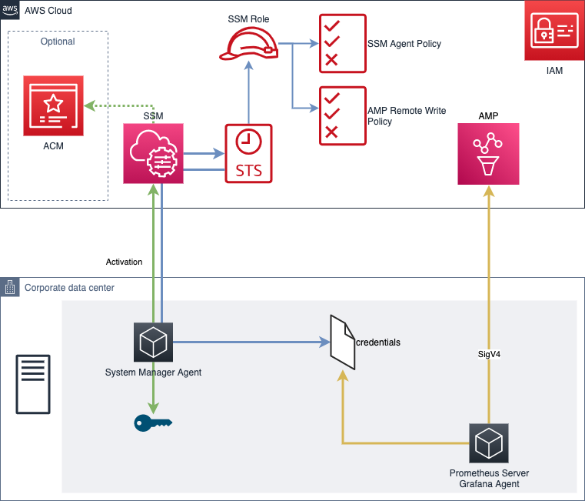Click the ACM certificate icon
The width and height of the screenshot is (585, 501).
coord(53,105)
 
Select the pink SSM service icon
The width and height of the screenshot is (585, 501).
coord(153,154)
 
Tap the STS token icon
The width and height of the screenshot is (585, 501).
coord(248,154)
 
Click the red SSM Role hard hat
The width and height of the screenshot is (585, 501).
coord(248,44)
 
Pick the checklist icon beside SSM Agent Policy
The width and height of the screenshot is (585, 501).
coord(343,43)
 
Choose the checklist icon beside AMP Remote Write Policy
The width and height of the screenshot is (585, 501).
coord(343,115)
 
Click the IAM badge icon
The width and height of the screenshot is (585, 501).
coord(554,30)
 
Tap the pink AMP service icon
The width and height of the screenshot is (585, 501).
coord(488,154)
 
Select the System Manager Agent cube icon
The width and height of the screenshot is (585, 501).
coord(153,342)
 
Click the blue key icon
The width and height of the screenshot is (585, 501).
coord(153,423)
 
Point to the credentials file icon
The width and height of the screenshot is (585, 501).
coord(343,342)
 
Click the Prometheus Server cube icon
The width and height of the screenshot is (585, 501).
coord(489,443)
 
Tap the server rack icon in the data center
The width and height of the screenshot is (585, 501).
coord(33,385)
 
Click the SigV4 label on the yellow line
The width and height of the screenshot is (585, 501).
coord(489,354)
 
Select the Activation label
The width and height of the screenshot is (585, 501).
coord(125,262)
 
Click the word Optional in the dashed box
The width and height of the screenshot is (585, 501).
coord(58,42)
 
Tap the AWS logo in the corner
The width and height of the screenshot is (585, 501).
coord(10,10)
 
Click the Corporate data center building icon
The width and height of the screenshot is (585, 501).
coord(10,287)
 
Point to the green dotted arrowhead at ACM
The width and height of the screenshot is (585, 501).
coord(89,105)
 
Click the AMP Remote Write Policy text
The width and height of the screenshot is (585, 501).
coord(407,115)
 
